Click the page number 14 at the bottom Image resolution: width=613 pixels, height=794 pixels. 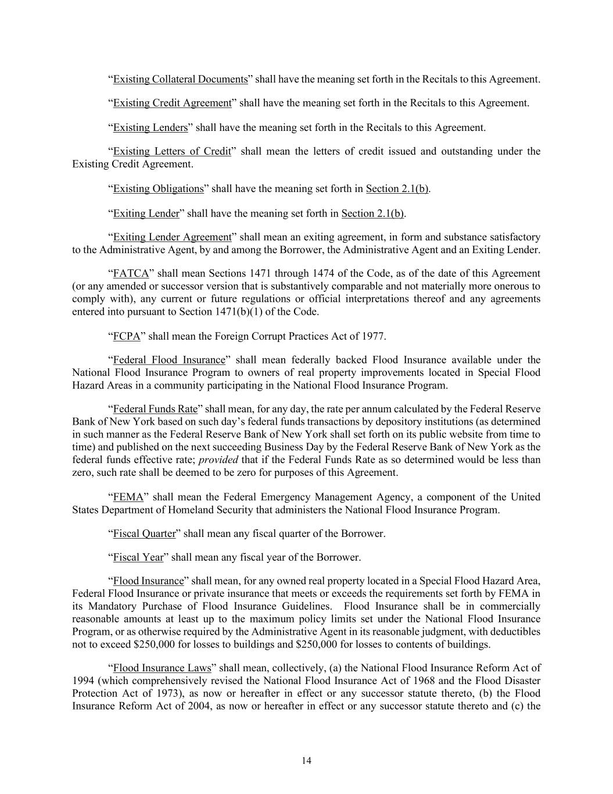tap(306, 761)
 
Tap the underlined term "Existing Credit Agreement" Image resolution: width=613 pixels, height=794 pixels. tap(172, 103)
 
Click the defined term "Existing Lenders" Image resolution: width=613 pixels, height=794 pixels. tap(150, 127)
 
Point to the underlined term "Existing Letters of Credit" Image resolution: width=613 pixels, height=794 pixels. tap(172, 151)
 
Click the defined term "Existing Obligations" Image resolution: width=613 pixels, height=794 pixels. tap(158, 188)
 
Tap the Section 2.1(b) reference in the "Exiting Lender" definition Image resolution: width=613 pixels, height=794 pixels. tap(373, 213)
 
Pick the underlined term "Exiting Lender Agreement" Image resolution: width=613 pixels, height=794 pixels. tap(172, 237)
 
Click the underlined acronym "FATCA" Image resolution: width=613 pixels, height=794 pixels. tap(131, 273)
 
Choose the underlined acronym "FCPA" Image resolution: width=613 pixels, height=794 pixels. tap(127, 336)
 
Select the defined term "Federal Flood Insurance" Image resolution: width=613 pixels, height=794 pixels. tap(169, 360)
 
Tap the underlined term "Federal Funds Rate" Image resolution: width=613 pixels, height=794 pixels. tap(155, 409)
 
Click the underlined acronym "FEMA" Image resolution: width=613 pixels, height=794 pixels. tap(128, 497)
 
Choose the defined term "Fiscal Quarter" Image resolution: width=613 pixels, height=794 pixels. tap(144, 533)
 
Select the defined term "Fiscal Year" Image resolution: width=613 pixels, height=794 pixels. tap(138, 557)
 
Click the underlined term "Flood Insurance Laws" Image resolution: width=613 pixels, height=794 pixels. tap(162, 668)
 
